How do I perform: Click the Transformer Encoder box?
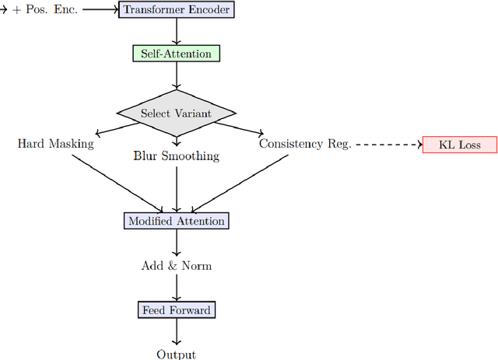tap(176, 10)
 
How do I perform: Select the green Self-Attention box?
tap(176, 54)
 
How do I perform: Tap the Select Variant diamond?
tap(176, 114)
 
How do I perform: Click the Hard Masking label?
tap(55, 144)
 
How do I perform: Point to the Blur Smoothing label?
tap(176, 156)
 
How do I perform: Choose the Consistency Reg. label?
tap(305, 144)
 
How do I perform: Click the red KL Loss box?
tap(458, 145)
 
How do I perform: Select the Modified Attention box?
tap(176, 221)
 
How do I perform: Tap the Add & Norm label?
tap(176, 266)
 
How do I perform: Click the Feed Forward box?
tap(176, 310)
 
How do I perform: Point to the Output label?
tap(176, 355)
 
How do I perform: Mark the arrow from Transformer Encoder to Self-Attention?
tap(177, 32)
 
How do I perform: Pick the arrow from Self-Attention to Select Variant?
tap(177, 75)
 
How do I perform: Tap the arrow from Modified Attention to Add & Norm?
tap(177, 243)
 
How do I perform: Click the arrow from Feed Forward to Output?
tap(177, 332)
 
